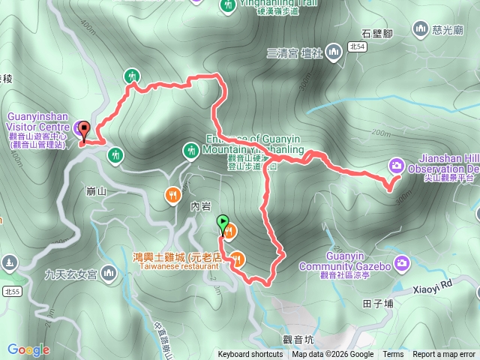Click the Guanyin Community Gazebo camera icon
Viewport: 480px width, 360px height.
click(x=403, y=262)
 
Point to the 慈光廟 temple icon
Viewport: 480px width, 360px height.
click(x=420, y=28)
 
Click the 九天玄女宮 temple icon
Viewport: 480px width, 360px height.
click(x=109, y=271)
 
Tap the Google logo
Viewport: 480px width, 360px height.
click(x=28, y=349)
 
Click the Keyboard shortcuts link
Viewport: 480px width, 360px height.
click(x=250, y=355)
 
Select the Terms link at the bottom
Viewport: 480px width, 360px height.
click(x=393, y=355)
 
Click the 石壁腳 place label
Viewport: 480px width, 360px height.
click(x=377, y=32)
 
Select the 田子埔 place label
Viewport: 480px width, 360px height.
click(x=377, y=304)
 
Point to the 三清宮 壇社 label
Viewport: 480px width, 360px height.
click(x=294, y=52)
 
